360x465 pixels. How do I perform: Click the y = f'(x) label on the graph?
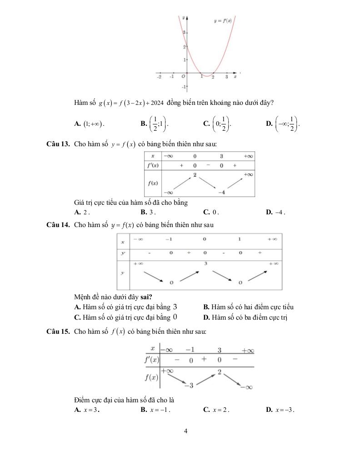(223, 20)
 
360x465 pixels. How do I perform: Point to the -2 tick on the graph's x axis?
(159, 77)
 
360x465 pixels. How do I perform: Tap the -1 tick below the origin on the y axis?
(183, 86)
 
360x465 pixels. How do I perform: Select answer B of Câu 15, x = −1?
(155, 410)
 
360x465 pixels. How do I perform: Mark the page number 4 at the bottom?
(185, 431)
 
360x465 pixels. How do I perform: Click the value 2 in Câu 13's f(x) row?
(195, 175)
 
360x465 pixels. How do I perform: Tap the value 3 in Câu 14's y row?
(205, 263)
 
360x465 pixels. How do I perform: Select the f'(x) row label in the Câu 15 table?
(151, 360)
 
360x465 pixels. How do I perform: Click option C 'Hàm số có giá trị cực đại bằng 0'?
(125, 317)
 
